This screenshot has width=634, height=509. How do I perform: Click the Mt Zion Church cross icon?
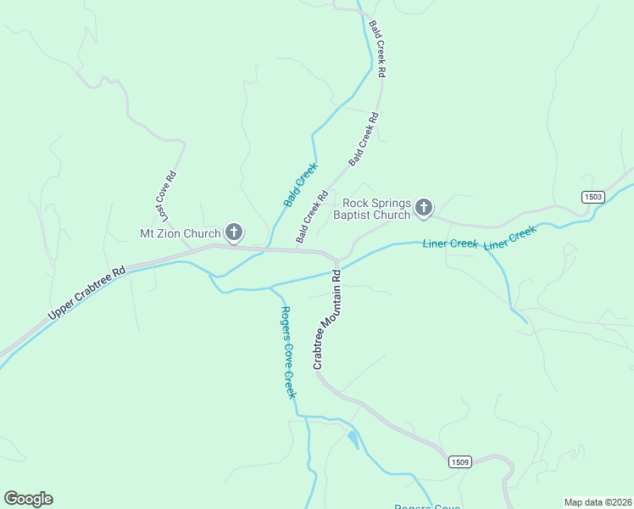point(234,232)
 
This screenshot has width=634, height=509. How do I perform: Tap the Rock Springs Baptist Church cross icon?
point(424,207)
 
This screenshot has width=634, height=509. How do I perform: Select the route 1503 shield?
point(593,197)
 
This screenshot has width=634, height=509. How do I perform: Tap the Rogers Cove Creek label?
point(288,352)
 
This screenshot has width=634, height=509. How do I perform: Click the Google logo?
point(28,499)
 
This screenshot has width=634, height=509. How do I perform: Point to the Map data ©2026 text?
point(598,501)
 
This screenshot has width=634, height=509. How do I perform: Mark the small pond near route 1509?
point(353,438)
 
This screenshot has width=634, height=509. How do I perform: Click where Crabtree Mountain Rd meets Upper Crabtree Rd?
point(337,259)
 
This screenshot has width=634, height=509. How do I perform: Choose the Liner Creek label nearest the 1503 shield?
point(510,238)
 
